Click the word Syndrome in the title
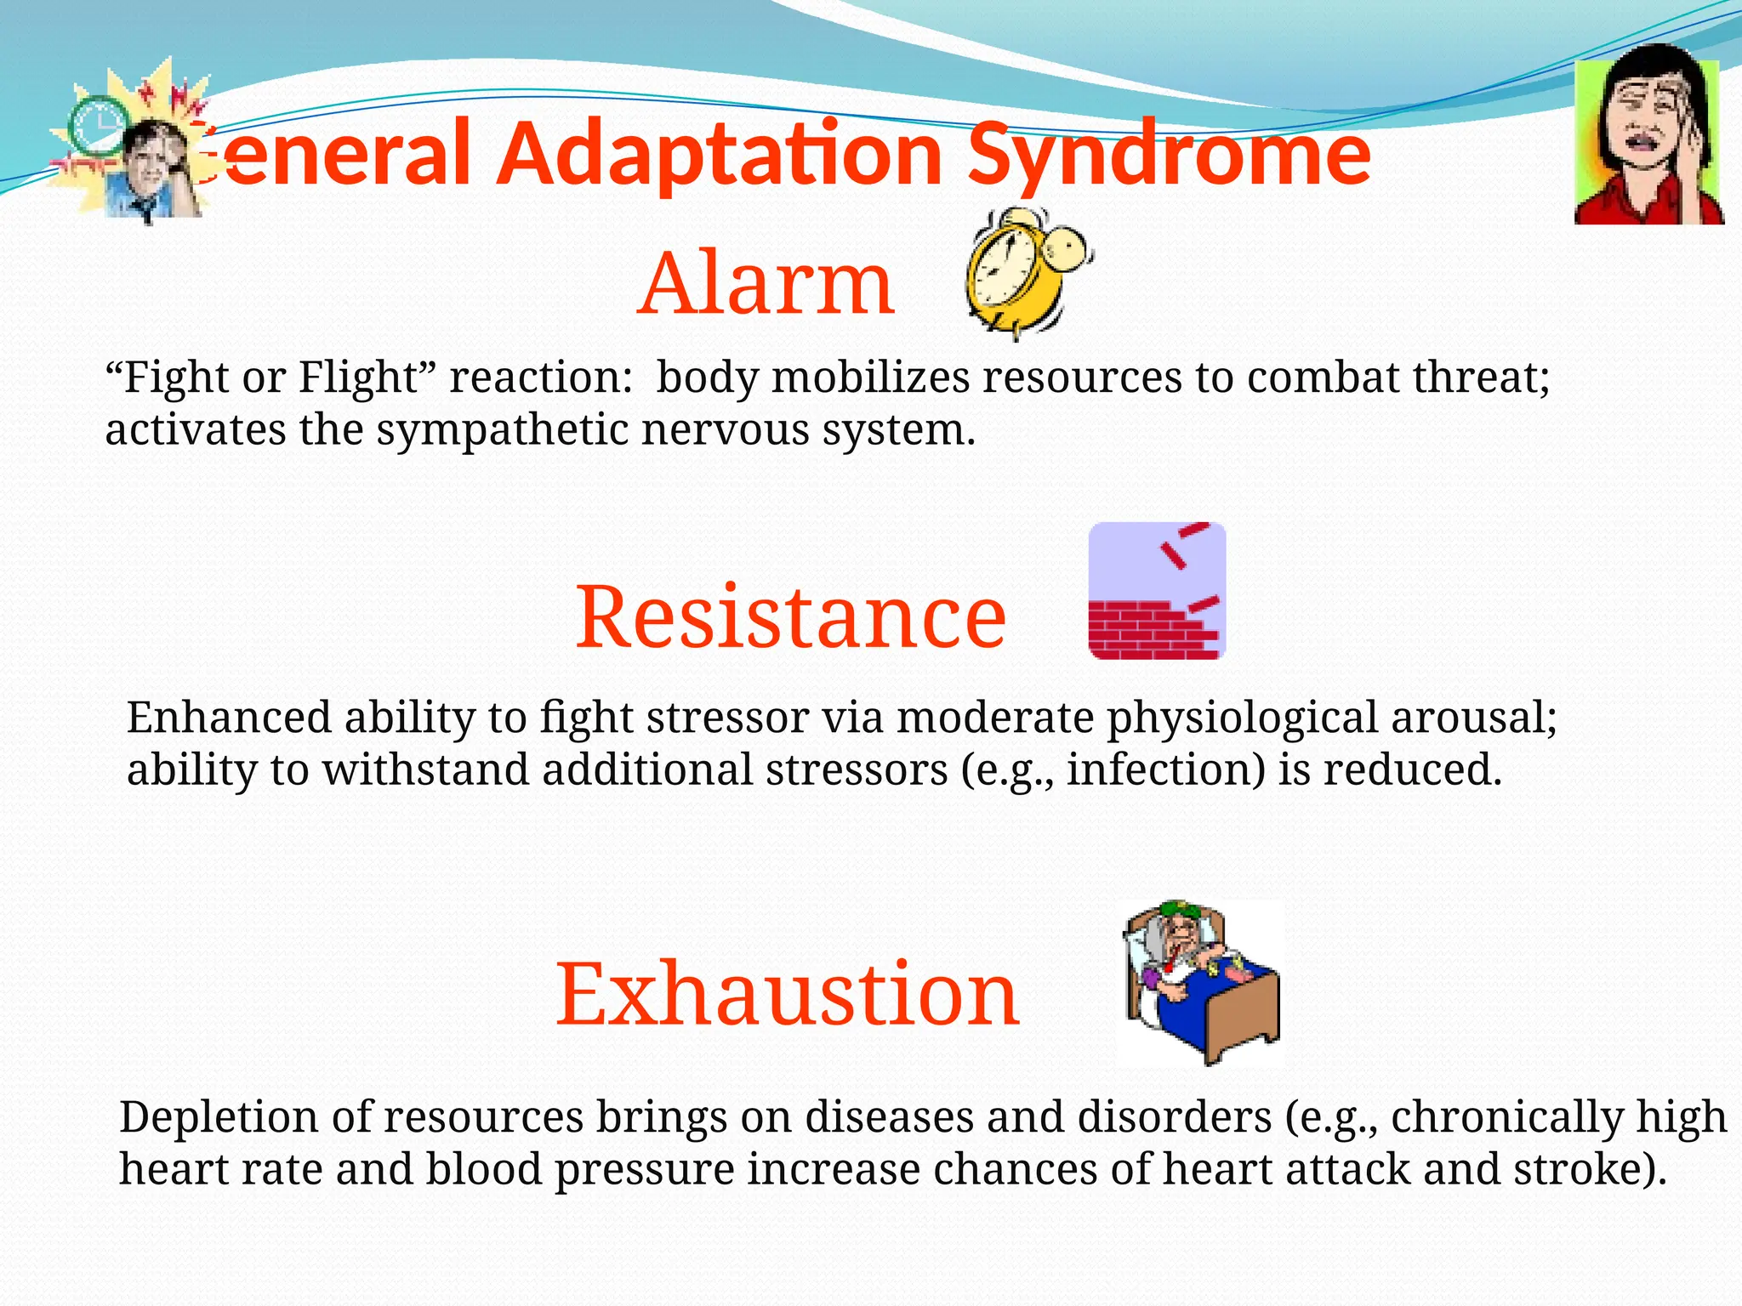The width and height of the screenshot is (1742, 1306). pos(1170,155)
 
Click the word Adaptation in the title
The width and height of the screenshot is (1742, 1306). pos(720,155)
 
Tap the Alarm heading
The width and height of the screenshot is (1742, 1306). pos(766,283)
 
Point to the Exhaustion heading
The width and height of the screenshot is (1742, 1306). pos(788,993)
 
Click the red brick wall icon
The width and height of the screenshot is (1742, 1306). pos(1157,591)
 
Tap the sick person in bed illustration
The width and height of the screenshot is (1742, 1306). pos(1199,982)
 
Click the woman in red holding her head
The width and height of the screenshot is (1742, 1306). pos(1648,136)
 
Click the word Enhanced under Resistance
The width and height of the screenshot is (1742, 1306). pos(229,718)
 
